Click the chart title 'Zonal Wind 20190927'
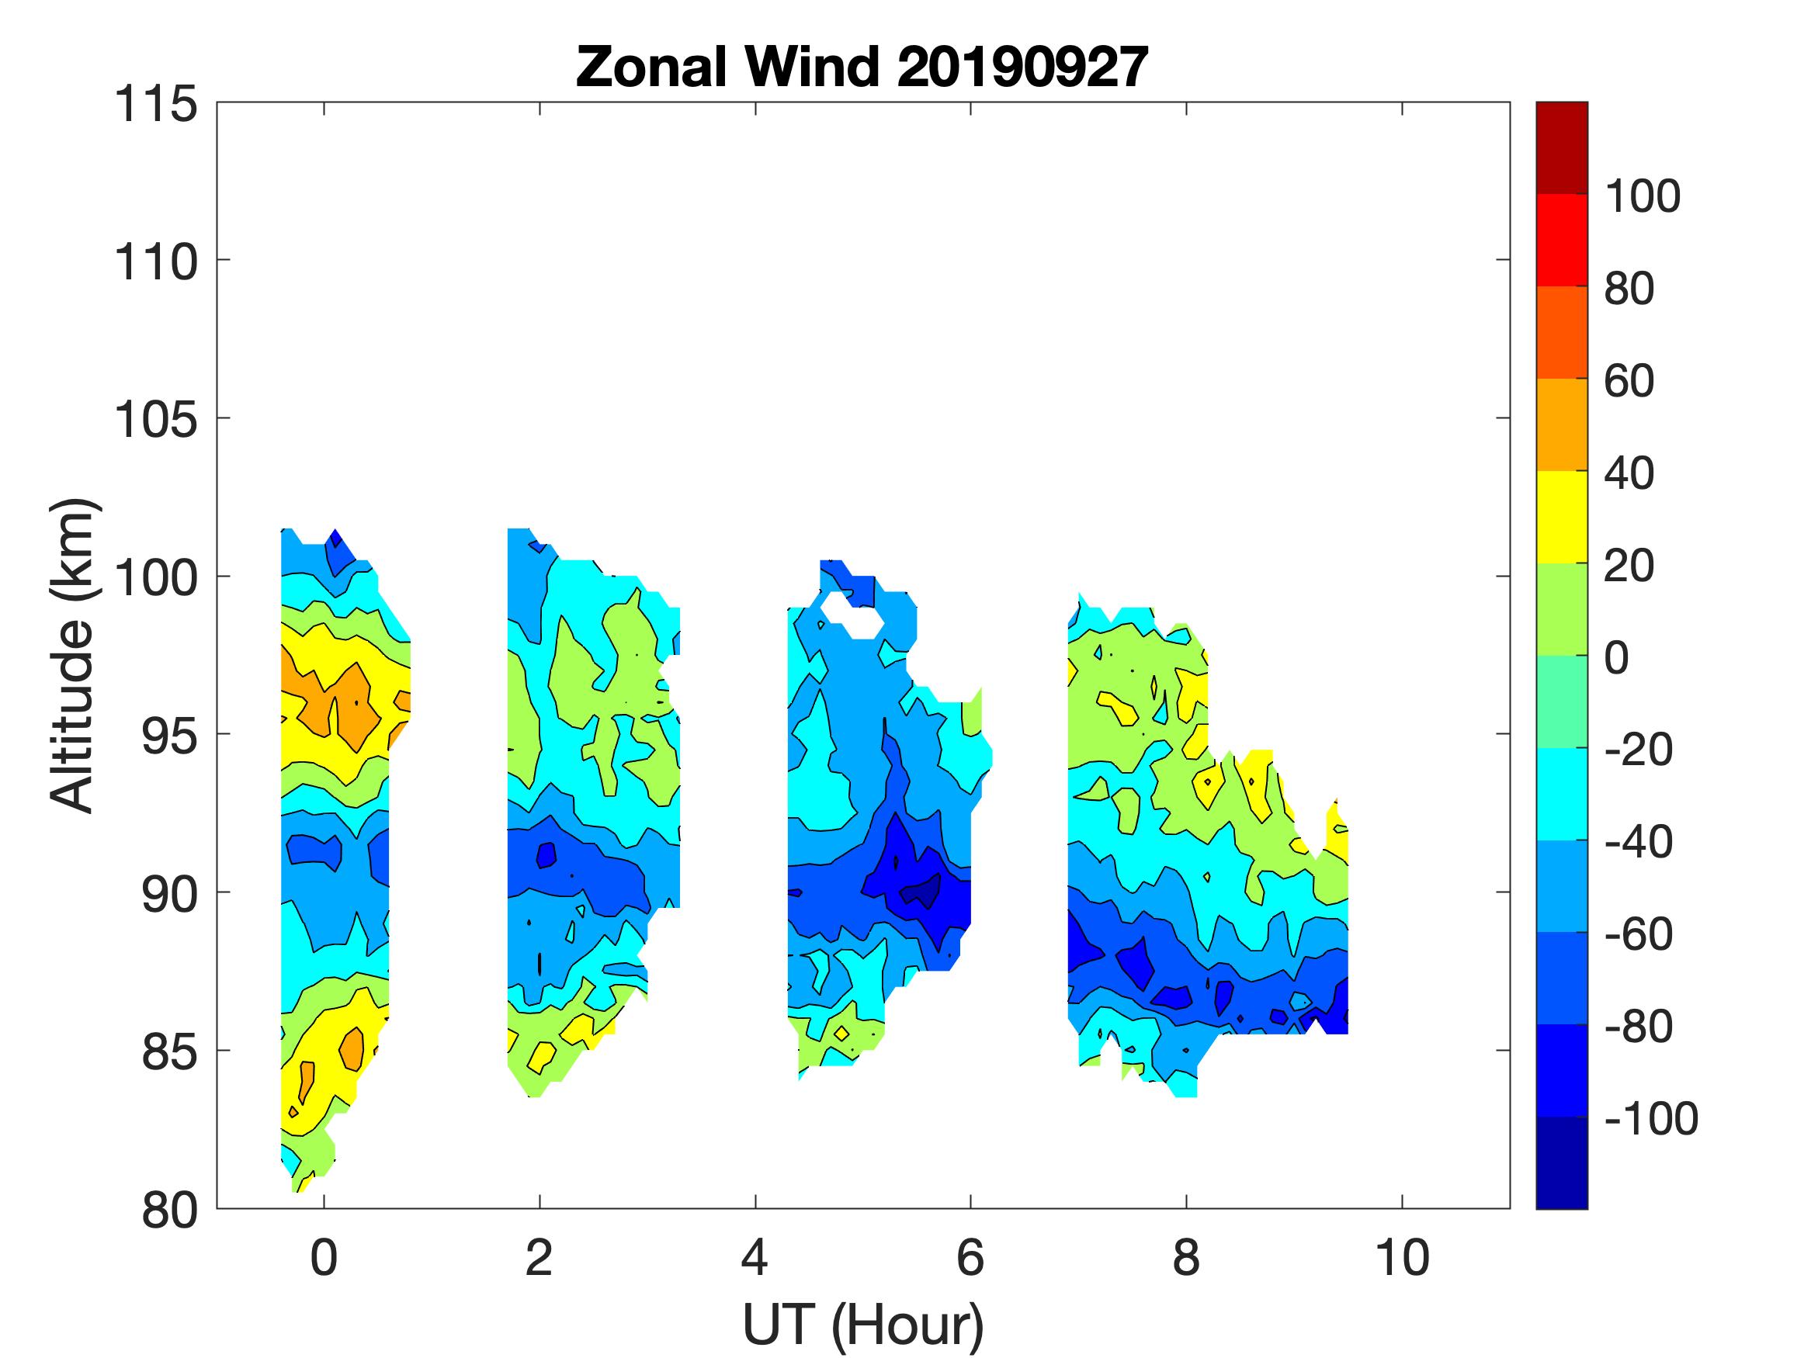[862, 67]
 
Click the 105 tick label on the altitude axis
[156, 420]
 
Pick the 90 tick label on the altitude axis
[170, 895]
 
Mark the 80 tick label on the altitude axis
[170, 1211]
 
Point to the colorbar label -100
[1650, 1118]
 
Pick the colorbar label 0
[1616, 657]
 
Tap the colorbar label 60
[1629, 381]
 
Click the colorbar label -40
[1638, 841]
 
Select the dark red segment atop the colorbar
[1561, 147]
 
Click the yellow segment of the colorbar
[1561, 517]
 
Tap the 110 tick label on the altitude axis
[156, 263]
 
